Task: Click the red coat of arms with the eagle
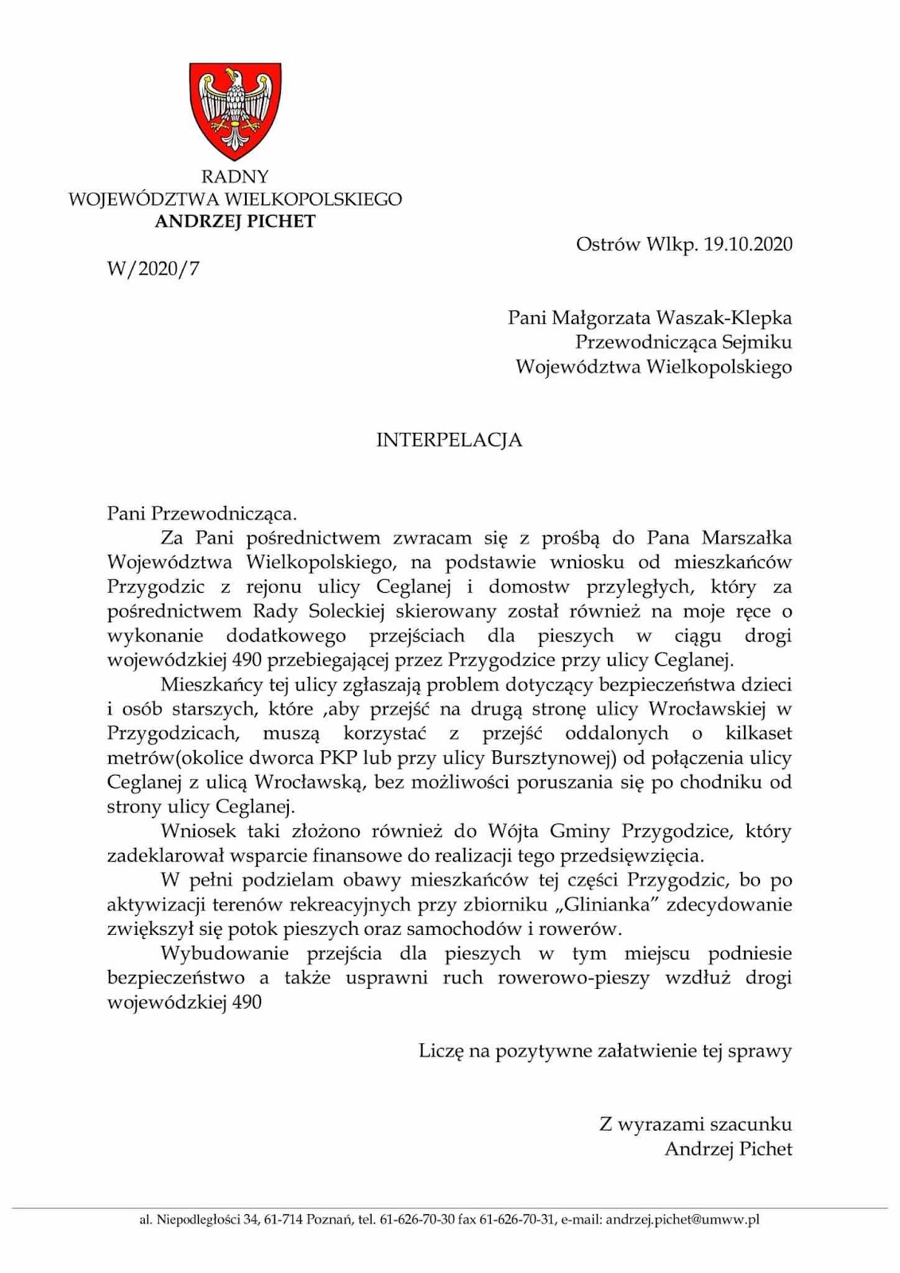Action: tap(235, 111)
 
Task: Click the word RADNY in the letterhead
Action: tap(235, 177)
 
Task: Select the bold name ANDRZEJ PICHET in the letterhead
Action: tap(235, 221)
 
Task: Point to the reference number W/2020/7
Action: tap(154, 269)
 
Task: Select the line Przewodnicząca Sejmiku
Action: tap(684, 342)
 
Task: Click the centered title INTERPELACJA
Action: tap(449, 440)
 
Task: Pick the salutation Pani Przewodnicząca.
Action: tap(202, 513)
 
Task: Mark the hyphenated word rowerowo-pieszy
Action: tap(574, 978)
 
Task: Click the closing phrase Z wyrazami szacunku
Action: tap(695, 1124)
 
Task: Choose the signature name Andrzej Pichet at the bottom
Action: tap(728, 1149)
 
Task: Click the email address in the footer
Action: tap(683, 1219)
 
